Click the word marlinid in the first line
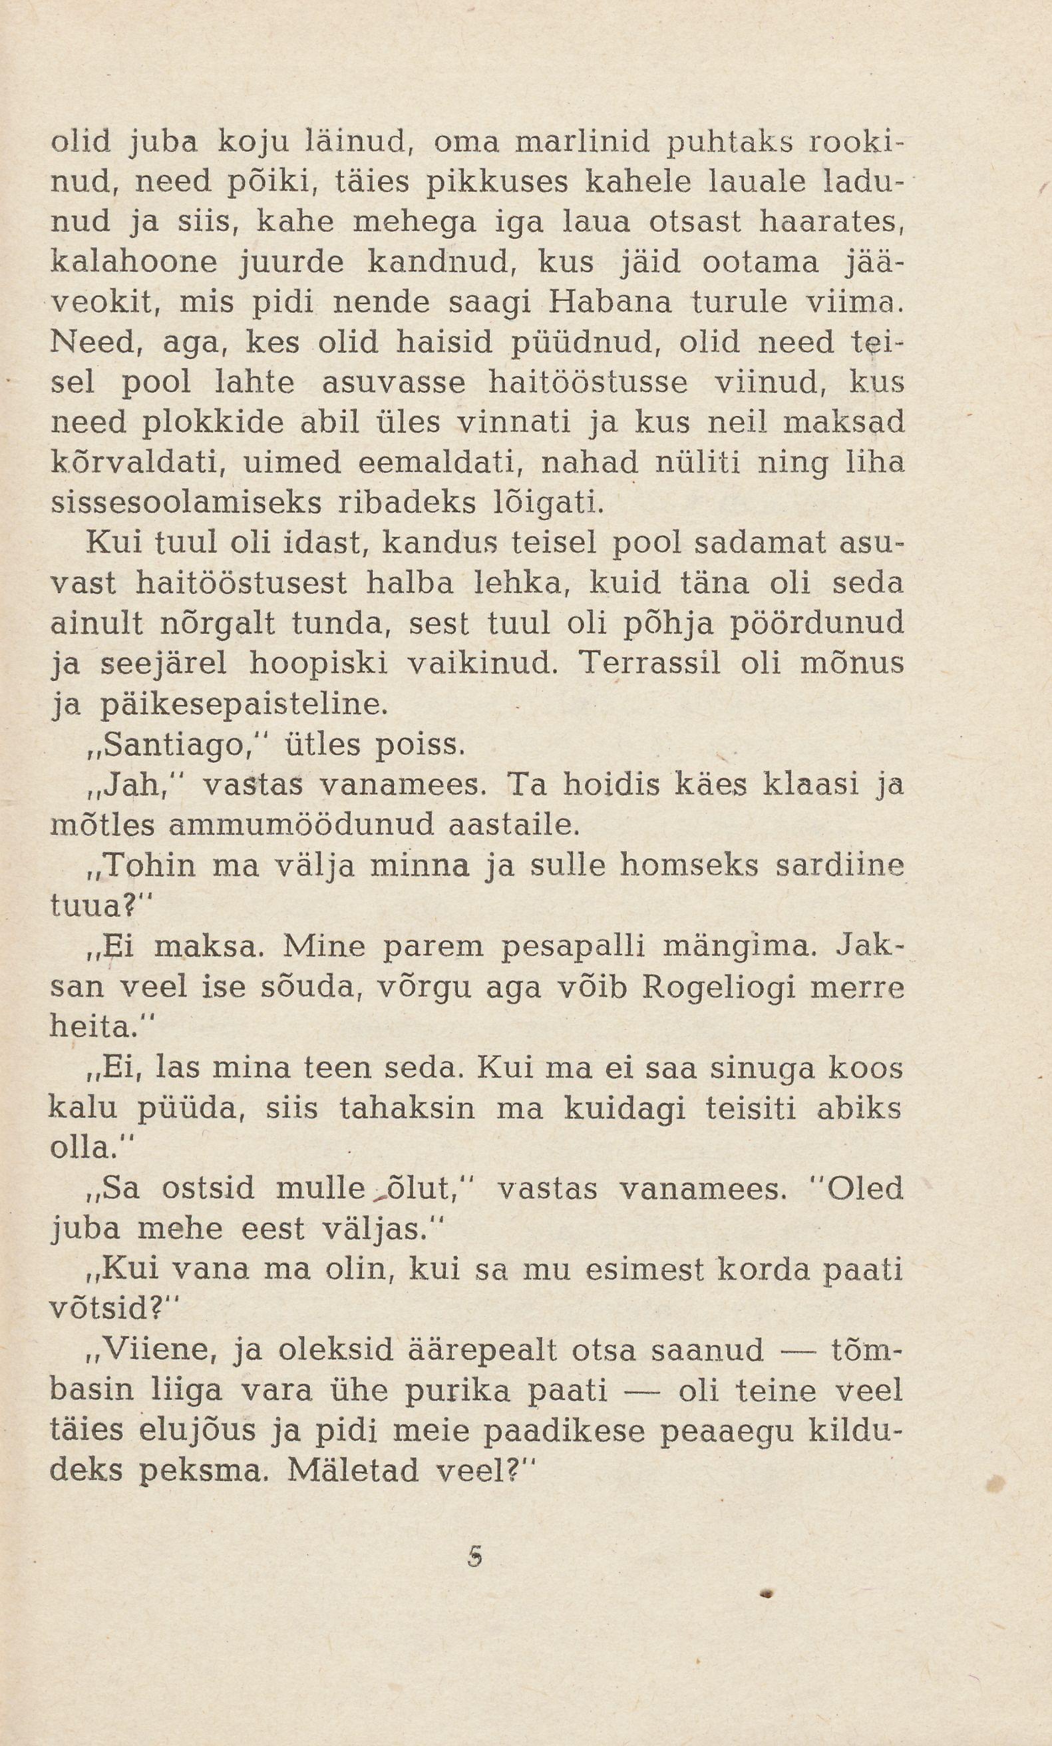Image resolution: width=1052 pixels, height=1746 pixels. (x=582, y=143)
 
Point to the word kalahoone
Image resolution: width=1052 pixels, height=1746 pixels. (x=134, y=264)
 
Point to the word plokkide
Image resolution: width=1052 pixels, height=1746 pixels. (x=212, y=424)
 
